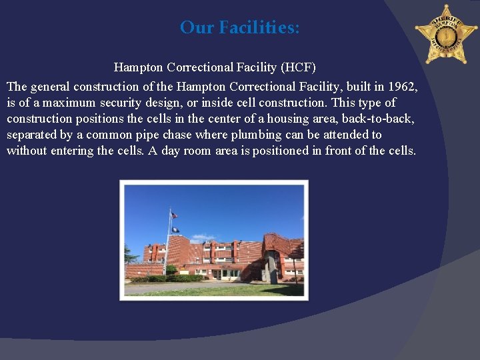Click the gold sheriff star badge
point(446,34)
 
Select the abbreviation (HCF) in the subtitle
point(298,67)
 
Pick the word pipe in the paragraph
point(146,135)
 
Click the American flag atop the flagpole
point(174,215)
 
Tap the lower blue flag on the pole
point(175,230)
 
